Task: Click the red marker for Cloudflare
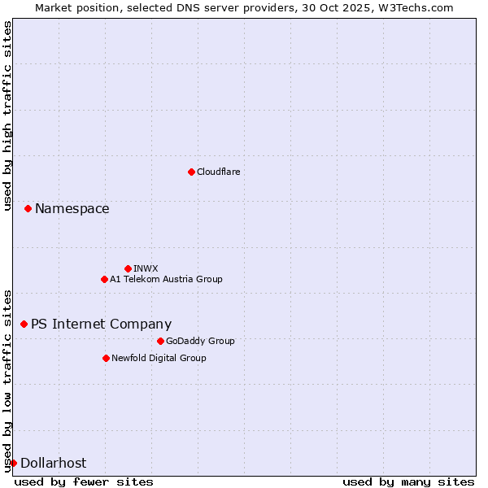tap(191, 172)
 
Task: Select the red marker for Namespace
tap(28, 209)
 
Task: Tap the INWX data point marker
tap(128, 268)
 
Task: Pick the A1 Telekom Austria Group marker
tap(104, 279)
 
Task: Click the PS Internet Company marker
tap(24, 324)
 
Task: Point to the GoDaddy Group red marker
tap(160, 341)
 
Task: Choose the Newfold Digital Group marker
tap(106, 358)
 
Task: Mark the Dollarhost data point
tap(13, 463)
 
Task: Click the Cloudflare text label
tap(218, 172)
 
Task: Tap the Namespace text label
tap(72, 209)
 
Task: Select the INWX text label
tap(146, 268)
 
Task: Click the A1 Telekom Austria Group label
tap(166, 279)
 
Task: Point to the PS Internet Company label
tap(101, 324)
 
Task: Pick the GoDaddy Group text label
tap(199, 341)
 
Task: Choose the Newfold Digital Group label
tap(159, 358)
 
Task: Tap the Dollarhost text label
tap(53, 463)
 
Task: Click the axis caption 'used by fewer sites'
tap(84, 481)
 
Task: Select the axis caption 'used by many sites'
tap(408, 481)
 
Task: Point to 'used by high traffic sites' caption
tap(7, 116)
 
